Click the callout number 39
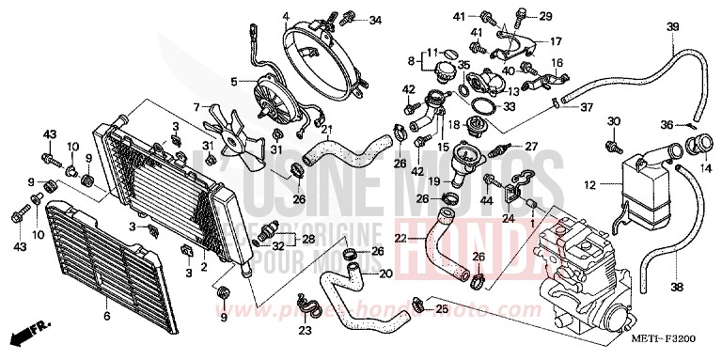[x=698, y=25]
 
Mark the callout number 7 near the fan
[x=196, y=106]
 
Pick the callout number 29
[x=546, y=17]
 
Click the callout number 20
[x=385, y=274]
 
